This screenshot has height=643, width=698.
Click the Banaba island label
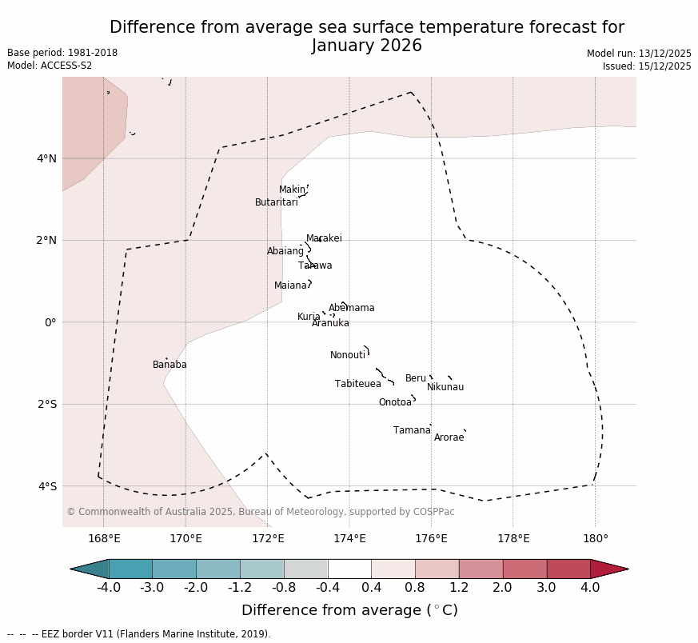click(170, 365)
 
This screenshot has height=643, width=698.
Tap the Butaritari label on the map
click(276, 202)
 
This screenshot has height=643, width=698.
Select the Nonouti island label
click(348, 355)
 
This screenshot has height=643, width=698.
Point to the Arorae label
click(449, 437)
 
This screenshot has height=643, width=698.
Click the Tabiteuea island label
click(358, 384)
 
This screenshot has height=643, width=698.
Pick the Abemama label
click(352, 308)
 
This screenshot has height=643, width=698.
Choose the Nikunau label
click(445, 387)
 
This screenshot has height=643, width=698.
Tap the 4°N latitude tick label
click(47, 158)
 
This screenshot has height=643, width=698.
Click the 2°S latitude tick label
click(47, 404)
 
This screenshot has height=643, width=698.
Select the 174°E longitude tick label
click(349, 538)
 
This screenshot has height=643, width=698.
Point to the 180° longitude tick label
click(596, 538)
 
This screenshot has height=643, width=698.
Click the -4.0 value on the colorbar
click(109, 588)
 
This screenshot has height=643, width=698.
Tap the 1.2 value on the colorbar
click(459, 588)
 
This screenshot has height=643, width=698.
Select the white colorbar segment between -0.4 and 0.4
click(349, 569)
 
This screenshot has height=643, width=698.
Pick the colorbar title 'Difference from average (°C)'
click(349, 610)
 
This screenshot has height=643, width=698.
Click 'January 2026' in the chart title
click(367, 46)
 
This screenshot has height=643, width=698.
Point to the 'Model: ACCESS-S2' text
click(50, 66)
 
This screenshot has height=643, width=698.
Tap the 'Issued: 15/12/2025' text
click(647, 66)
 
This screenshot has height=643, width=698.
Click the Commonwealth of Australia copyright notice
click(261, 512)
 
